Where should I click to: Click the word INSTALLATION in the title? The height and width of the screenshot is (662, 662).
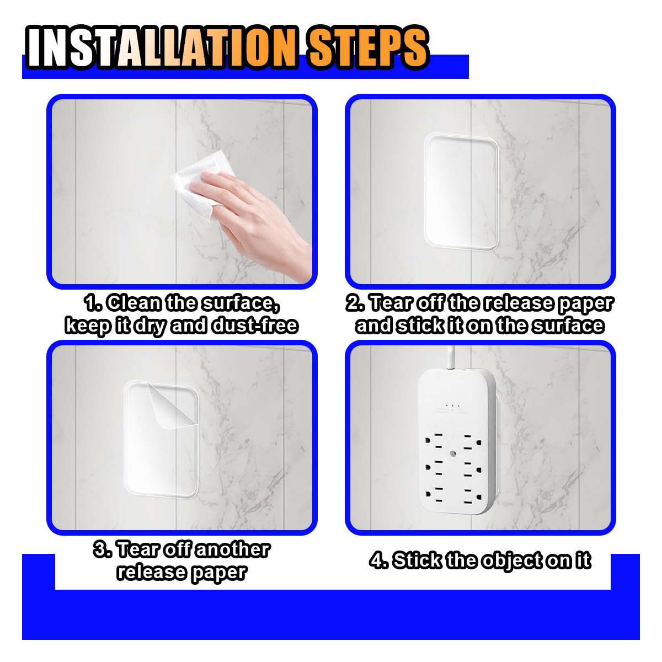coord(162,47)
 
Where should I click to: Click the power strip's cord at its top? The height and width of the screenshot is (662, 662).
coord(451,357)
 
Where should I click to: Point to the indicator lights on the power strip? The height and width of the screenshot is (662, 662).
coord(452,406)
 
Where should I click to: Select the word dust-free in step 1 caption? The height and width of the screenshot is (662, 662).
coord(255,325)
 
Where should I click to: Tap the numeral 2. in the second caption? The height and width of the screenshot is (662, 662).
coord(356,303)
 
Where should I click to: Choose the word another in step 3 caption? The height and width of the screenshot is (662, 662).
coord(232,549)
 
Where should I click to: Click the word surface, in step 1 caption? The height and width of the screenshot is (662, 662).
coord(242,303)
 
